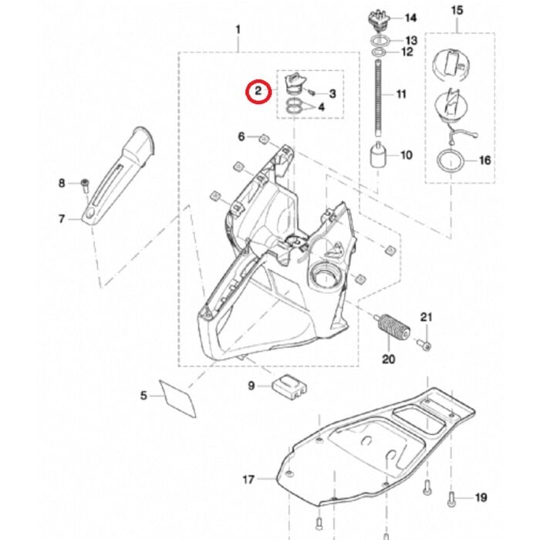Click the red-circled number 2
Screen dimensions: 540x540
point(258,92)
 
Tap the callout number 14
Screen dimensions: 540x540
point(410,18)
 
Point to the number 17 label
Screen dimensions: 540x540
point(248,480)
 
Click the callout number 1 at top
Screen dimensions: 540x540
point(238,30)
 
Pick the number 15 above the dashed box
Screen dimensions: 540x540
point(457,10)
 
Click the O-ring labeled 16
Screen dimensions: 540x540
point(449,162)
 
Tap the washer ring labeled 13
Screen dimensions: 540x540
point(378,39)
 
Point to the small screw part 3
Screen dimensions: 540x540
point(311,93)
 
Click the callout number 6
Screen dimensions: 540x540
point(241,137)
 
